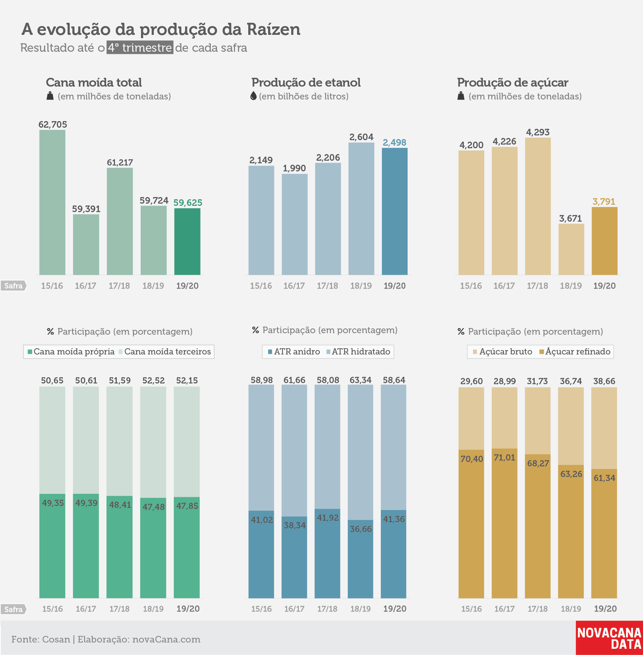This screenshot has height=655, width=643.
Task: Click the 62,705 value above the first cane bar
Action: tap(53, 124)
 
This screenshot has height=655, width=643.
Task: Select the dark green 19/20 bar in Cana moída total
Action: tap(187, 241)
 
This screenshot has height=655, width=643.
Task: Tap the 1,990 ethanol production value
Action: tap(294, 168)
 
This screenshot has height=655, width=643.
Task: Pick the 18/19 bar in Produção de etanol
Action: tap(361, 208)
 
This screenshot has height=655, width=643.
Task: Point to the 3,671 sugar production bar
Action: tap(571, 249)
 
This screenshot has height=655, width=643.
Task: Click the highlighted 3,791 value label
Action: tap(604, 201)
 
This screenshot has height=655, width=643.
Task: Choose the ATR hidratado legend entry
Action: tap(358, 352)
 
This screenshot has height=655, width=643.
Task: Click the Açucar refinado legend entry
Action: tap(575, 352)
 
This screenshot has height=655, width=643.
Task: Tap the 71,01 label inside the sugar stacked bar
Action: tap(505, 458)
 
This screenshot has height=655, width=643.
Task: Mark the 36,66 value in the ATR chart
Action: tap(361, 529)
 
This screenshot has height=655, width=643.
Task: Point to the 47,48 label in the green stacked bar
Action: tap(153, 507)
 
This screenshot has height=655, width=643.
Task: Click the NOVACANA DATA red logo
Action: tap(609, 638)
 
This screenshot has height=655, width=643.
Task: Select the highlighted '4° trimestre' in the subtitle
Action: tap(140, 48)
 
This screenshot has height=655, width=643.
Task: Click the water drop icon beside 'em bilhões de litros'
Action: tap(253, 96)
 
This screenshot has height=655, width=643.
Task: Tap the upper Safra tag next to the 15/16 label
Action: tap(13, 285)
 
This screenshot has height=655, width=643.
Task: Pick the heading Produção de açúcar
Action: tap(513, 83)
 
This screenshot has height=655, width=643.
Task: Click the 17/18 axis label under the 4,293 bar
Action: tap(538, 285)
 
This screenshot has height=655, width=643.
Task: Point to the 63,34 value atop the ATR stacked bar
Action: tap(361, 380)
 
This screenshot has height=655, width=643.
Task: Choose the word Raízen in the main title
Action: tap(274, 29)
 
